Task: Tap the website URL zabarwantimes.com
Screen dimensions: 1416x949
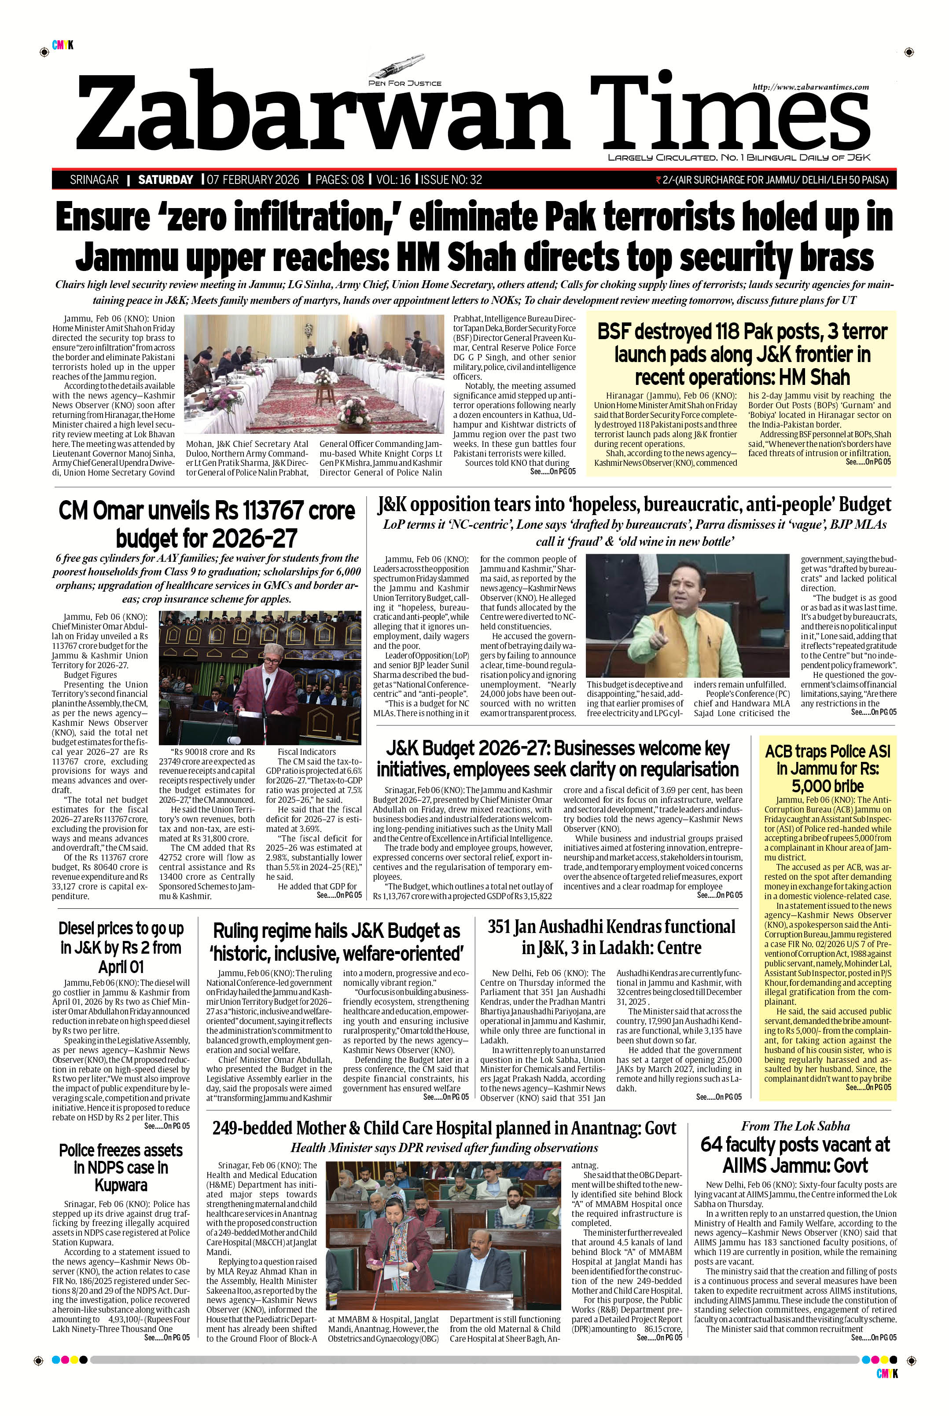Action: click(810, 87)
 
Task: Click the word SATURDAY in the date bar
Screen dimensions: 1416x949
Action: click(165, 179)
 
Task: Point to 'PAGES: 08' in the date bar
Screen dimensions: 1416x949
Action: click(340, 179)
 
